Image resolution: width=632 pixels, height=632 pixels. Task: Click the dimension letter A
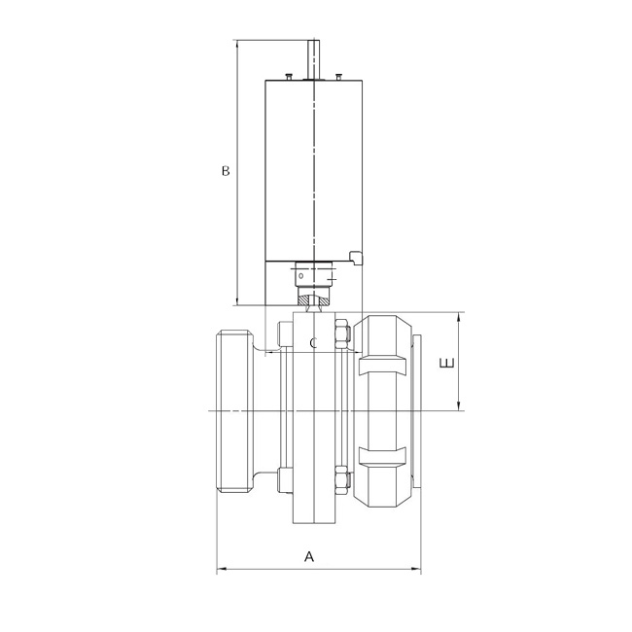click(310, 557)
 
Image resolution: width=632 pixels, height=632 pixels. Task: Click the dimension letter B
click(225, 171)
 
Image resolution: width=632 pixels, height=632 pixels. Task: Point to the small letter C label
click(313, 343)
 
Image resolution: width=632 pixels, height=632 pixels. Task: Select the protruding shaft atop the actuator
click(314, 58)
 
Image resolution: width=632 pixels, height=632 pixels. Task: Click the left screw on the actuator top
click(289, 75)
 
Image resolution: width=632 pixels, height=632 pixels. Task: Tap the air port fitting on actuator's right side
click(355, 258)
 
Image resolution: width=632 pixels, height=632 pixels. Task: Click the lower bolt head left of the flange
click(283, 478)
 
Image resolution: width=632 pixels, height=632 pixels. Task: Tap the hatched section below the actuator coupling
click(314, 304)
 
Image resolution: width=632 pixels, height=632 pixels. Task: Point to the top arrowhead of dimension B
click(236, 44)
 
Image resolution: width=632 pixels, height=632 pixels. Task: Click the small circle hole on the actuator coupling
click(300, 275)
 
